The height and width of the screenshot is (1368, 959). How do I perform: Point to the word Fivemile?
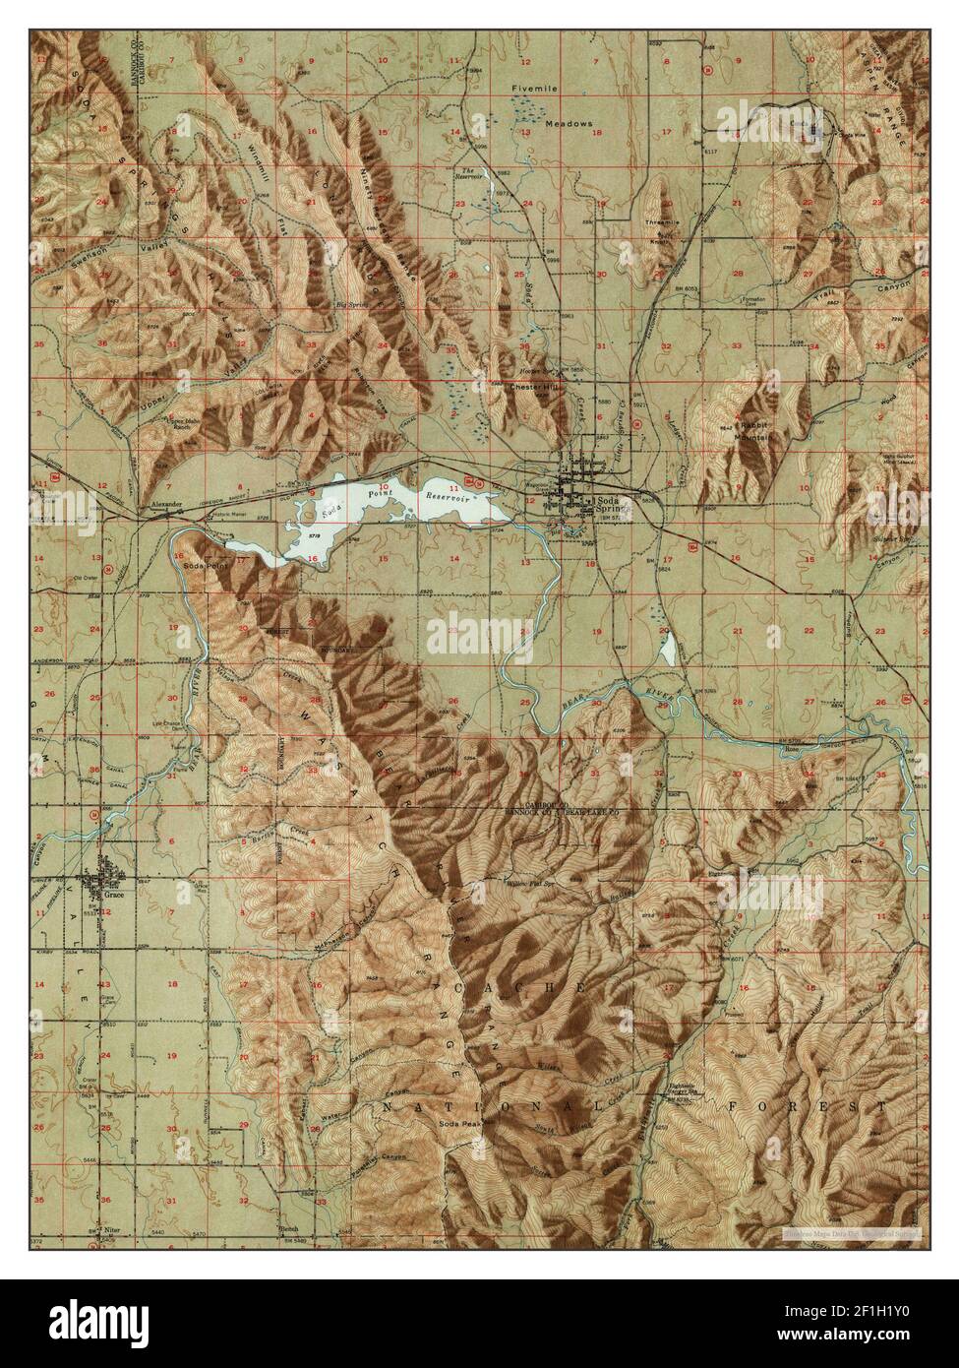pos(534,90)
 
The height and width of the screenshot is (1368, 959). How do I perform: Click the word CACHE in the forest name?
pos(538,985)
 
